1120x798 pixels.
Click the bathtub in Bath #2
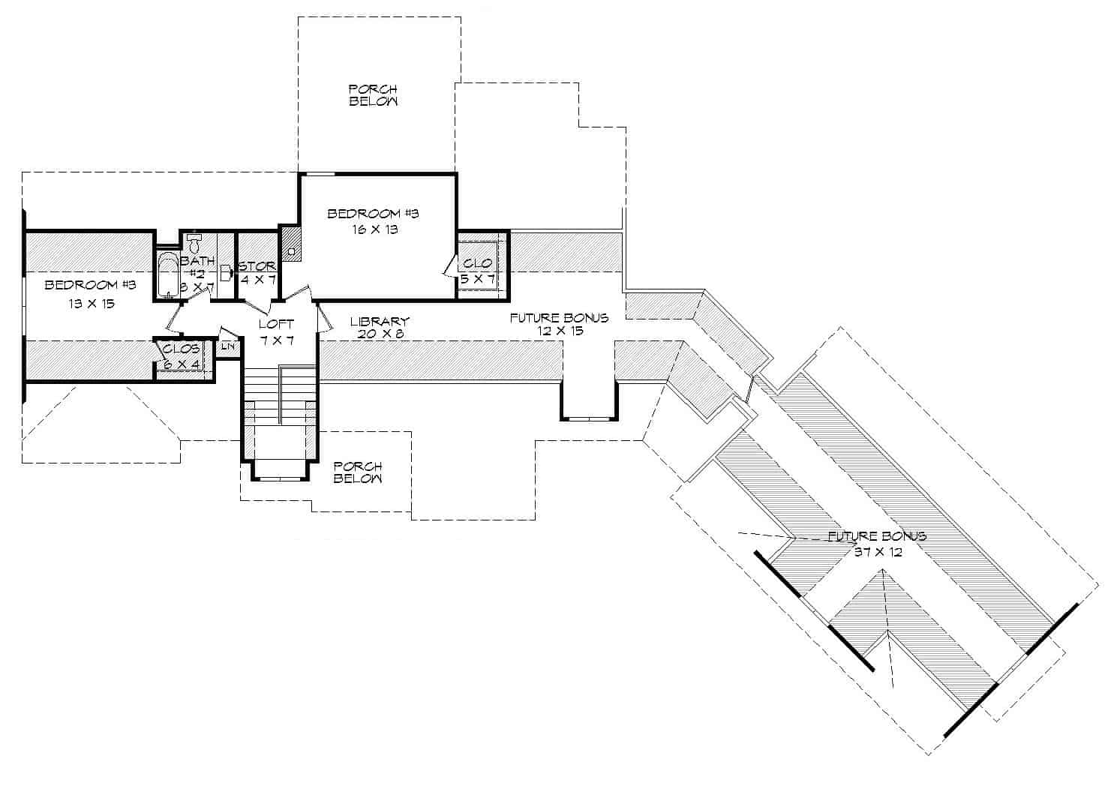click(x=167, y=275)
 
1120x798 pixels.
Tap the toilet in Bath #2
click(x=194, y=243)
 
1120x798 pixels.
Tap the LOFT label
click(x=276, y=324)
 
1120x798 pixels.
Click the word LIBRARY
click(x=380, y=322)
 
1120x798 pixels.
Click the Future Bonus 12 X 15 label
click(x=559, y=324)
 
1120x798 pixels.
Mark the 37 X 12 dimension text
click(x=878, y=551)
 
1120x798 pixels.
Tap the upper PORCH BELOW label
click(x=373, y=95)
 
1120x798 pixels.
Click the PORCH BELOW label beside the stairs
click(x=358, y=472)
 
